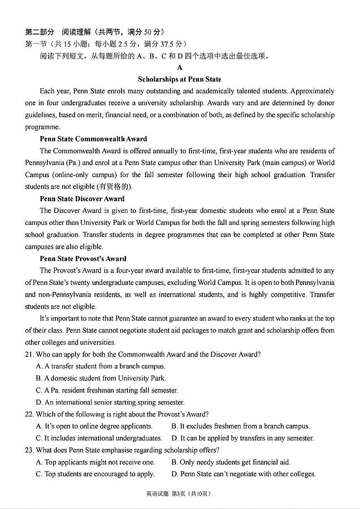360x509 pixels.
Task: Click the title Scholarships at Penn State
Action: (180, 79)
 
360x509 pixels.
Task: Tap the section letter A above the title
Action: (180, 68)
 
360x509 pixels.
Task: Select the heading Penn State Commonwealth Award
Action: (93, 139)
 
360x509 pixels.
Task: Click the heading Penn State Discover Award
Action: (82, 199)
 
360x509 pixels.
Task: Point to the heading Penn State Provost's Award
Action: (83, 258)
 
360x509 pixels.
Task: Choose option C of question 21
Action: (107, 390)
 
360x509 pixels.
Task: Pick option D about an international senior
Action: (110, 402)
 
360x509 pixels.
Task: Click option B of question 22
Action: (240, 426)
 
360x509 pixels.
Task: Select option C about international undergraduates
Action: (99, 438)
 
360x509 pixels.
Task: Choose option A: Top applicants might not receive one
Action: (95, 462)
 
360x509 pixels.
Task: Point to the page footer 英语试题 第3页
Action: (179, 494)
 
